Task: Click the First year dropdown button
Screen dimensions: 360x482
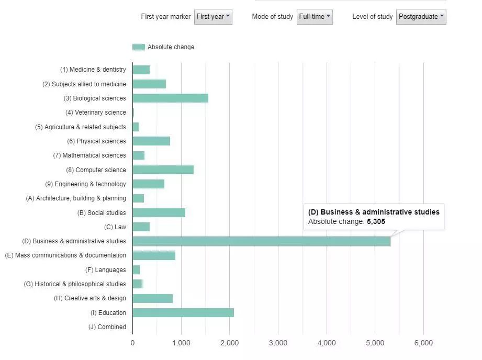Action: point(213,17)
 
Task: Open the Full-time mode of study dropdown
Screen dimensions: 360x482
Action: point(315,17)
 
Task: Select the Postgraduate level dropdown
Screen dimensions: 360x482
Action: point(421,17)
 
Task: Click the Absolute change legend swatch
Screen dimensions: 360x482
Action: point(139,47)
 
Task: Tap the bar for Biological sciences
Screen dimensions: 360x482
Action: point(170,98)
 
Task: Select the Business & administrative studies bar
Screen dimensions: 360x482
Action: point(261,241)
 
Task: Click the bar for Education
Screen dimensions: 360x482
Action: point(183,313)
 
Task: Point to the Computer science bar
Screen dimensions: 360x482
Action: point(163,170)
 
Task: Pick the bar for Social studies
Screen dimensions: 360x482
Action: point(159,213)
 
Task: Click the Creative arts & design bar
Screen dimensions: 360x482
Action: point(152,298)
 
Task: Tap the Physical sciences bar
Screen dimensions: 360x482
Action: point(151,141)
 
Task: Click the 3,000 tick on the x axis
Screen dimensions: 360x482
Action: point(278,343)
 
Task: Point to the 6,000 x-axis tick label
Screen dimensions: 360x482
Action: point(423,343)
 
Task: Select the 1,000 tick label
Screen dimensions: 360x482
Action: point(181,343)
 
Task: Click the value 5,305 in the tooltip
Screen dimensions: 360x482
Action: point(376,222)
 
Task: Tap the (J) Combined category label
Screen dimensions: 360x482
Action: point(107,327)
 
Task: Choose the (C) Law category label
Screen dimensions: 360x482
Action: point(115,227)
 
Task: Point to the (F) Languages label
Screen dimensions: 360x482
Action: point(106,270)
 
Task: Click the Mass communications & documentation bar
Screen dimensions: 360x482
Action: point(154,255)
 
